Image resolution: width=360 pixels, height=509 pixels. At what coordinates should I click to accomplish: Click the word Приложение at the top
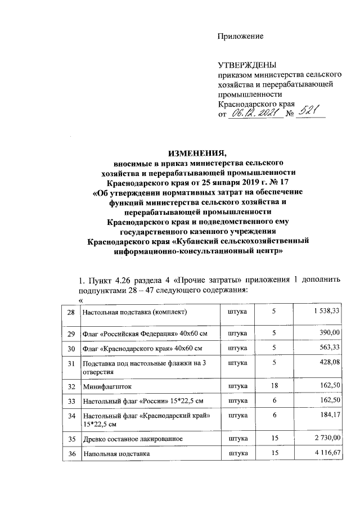click(241, 37)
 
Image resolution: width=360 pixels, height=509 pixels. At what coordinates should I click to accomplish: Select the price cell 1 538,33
click(326, 310)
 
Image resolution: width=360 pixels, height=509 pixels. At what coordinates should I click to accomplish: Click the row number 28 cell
click(71, 311)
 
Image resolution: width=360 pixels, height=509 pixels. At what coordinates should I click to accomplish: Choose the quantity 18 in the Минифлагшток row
click(274, 386)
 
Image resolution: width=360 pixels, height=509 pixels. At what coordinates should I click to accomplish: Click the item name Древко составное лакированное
click(132, 437)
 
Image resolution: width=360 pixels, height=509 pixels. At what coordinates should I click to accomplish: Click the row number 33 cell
click(71, 401)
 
